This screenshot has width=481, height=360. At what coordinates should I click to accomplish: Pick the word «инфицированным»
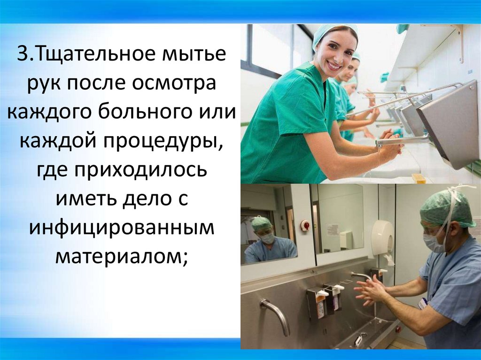click(122, 227)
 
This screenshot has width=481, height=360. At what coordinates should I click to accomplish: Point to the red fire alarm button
click(305, 225)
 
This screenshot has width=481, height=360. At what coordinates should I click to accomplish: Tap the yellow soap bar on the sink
click(419, 178)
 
